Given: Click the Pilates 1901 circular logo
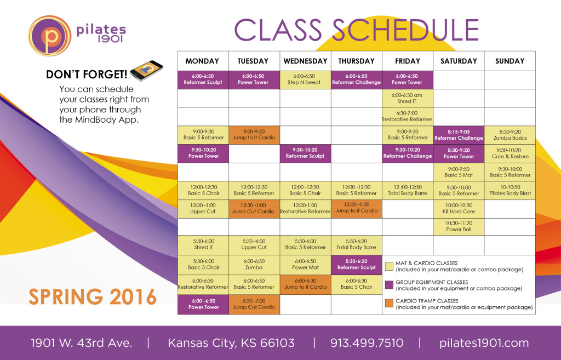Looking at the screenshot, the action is coord(50,36).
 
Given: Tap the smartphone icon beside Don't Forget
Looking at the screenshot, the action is coord(147,71).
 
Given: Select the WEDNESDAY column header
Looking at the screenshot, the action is coord(306,61).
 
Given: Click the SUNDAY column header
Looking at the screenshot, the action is coord(510,61).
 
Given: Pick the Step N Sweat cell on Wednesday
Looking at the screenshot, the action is coord(305,79).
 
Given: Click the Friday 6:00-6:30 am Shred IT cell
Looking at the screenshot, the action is coord(408,99).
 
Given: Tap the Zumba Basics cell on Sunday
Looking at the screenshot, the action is coord(510,135).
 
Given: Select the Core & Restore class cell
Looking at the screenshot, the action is coord(510,153).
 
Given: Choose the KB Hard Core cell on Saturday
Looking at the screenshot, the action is coord(459,208).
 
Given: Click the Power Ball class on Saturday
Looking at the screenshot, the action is coord(459,226).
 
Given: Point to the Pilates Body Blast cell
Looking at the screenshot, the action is coord(510,190).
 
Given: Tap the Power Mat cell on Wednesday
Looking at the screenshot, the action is coord(305,265).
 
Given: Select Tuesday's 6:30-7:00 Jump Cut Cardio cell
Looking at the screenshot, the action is coord(254,304).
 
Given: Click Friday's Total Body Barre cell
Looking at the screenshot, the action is coord(408,190).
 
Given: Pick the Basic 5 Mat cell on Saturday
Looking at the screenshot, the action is coord(459,172).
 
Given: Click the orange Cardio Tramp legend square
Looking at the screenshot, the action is coord(390,303).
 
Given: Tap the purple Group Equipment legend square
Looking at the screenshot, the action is coord(390,284).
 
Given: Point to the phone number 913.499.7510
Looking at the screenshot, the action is coord(367,343).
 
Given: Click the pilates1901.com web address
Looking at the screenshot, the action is coord(484,343).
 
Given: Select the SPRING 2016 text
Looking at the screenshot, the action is coord(93,296).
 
